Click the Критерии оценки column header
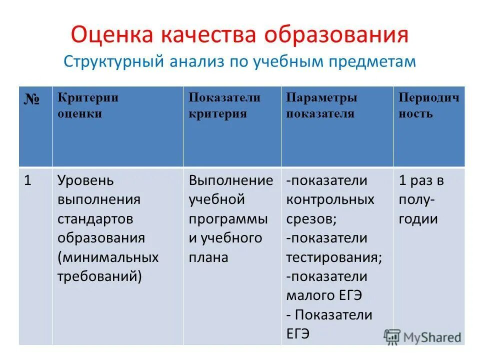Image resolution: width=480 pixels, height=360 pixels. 87,105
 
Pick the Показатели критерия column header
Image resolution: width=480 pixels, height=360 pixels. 224,105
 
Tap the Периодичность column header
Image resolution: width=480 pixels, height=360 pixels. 428,105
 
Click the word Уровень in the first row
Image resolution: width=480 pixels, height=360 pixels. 85,180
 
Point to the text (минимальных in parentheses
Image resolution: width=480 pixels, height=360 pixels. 107,257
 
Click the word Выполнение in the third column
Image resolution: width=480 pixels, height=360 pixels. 230,180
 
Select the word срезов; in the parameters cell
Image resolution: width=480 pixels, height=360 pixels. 310,219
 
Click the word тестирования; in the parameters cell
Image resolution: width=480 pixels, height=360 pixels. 334,257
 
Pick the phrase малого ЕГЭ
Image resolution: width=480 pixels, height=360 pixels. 323,295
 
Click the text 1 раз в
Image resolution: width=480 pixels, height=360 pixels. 421,180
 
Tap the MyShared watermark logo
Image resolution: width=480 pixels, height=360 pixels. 422,337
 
